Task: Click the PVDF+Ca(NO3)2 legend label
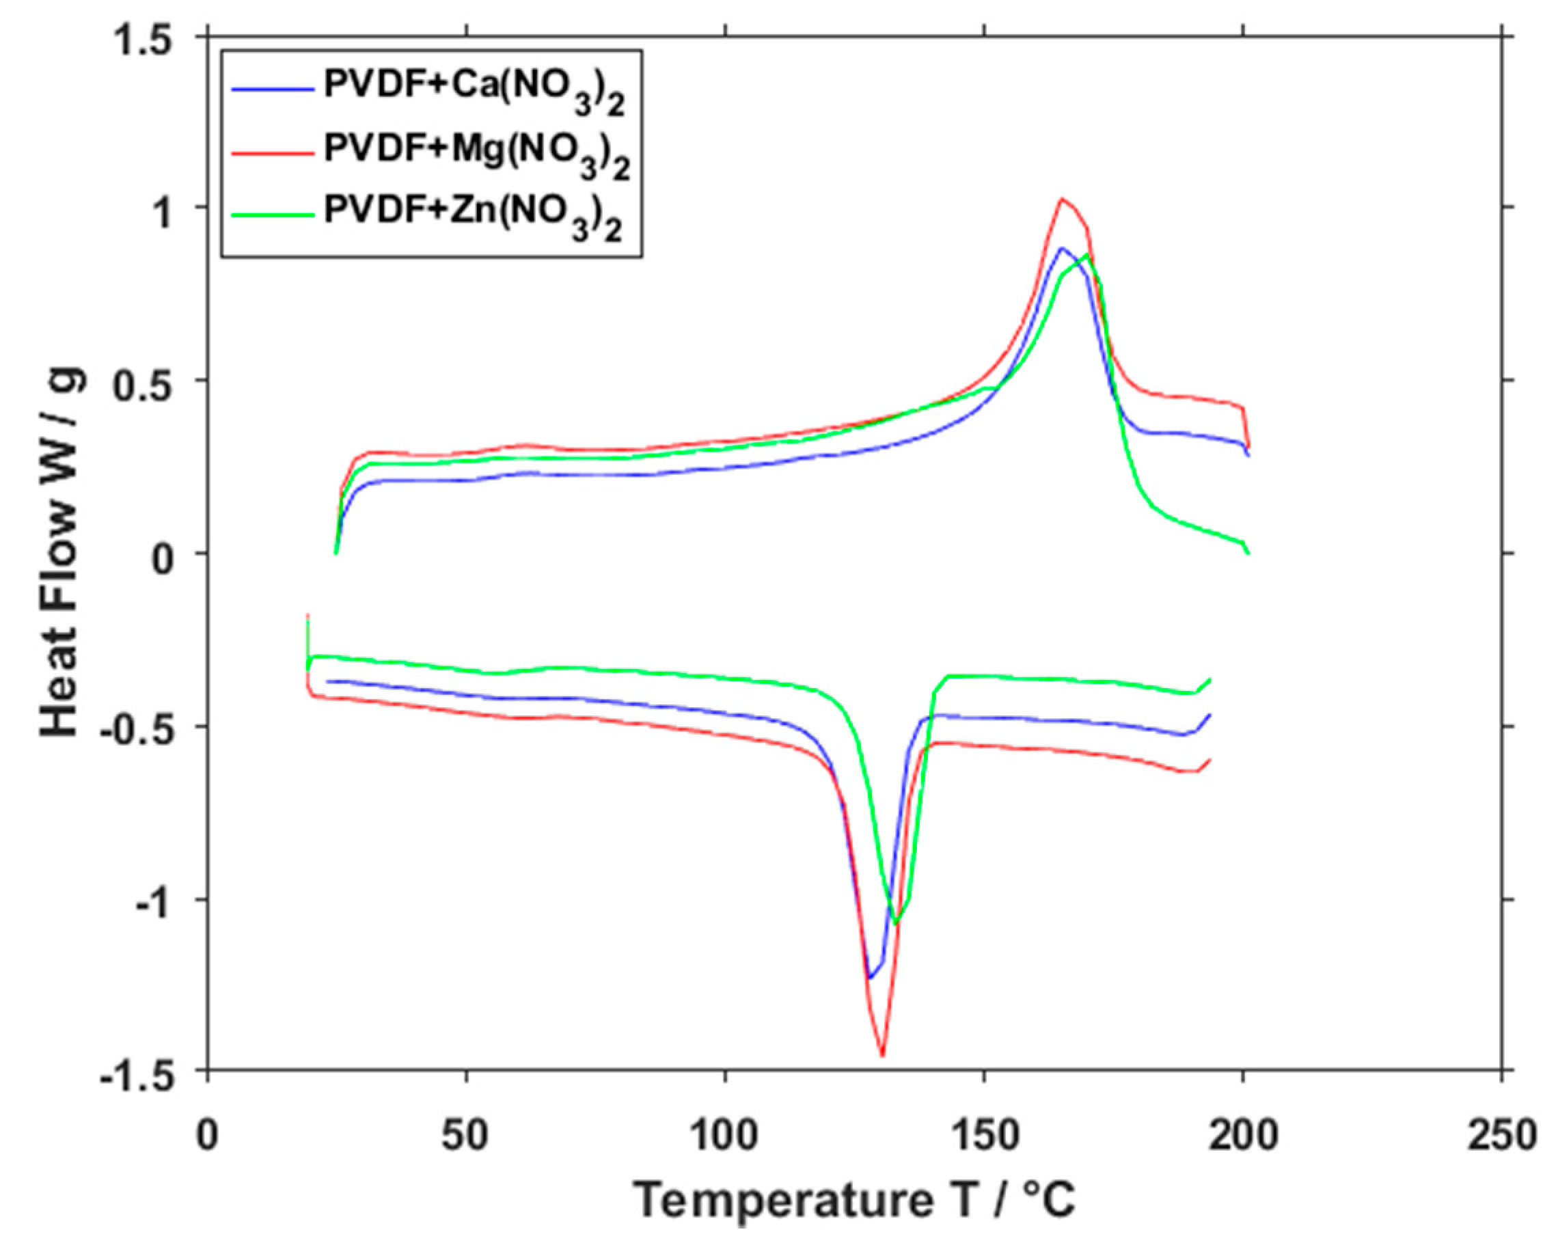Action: click(474, 90)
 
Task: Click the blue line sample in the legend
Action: click(273, 90)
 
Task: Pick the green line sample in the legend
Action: click(273, 215)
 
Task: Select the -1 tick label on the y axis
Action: click(154, 901)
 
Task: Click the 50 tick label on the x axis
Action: click(467, 1135)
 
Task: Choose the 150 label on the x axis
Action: click(983, 1135)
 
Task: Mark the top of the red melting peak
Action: click(1061, 199)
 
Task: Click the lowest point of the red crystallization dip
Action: click(882, 1056)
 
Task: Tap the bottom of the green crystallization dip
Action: click(897, 922)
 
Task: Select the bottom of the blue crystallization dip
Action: click(870, 979)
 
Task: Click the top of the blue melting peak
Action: click(1061, 249)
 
